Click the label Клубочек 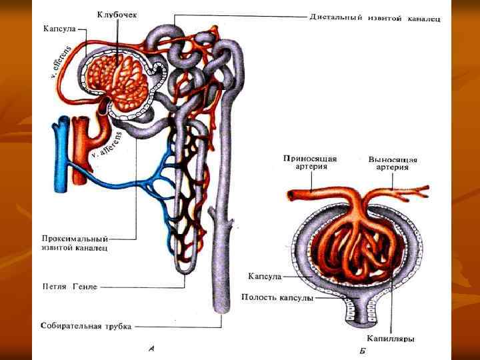tap(117, 14)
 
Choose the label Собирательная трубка tap(86, 327)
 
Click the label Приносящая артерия tap(310, 163)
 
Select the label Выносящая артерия tap(393, 163)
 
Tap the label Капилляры tap(391, 339)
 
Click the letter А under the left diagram tap(152, 347)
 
